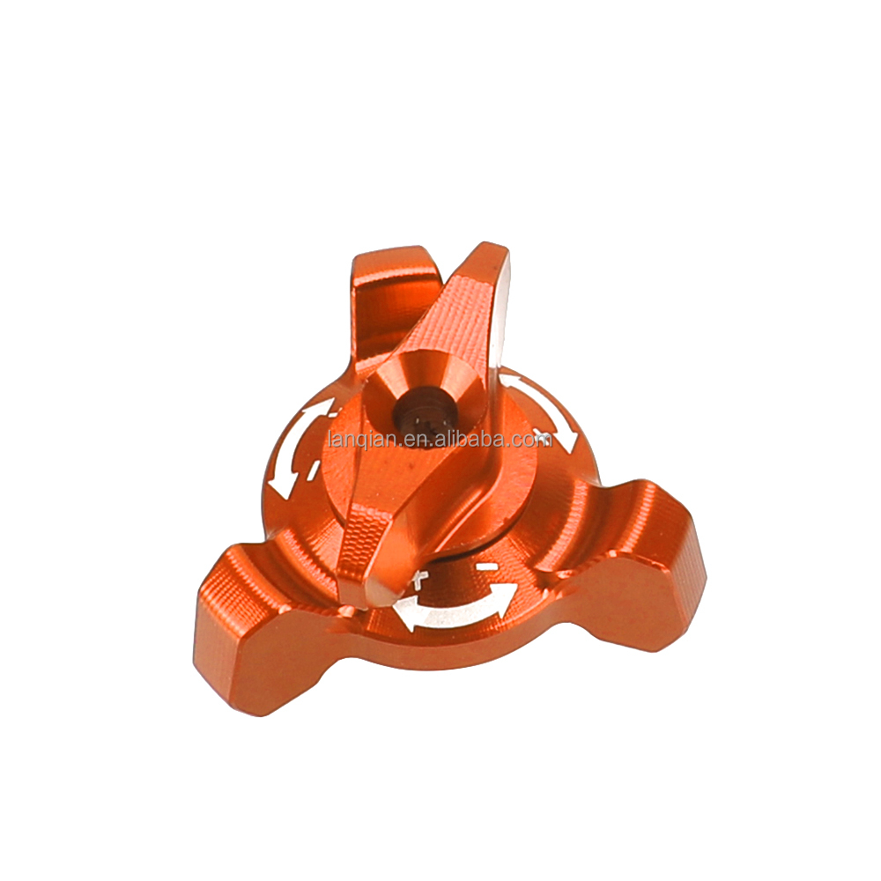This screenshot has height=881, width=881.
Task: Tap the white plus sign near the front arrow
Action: click(x=420, y=579)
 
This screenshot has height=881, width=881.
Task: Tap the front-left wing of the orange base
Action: click(x=251, y=626)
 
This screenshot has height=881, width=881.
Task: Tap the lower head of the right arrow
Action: click(x=568, y=440)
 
